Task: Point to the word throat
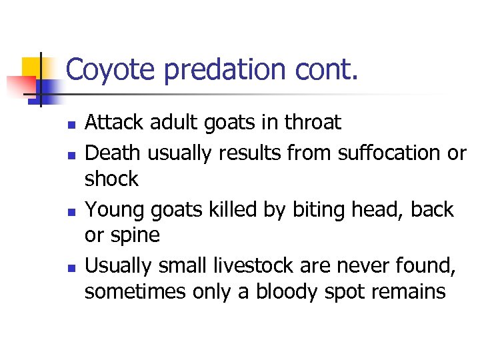click(313, 123)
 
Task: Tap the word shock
click(112, 179)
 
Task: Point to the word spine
click(137, 235)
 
